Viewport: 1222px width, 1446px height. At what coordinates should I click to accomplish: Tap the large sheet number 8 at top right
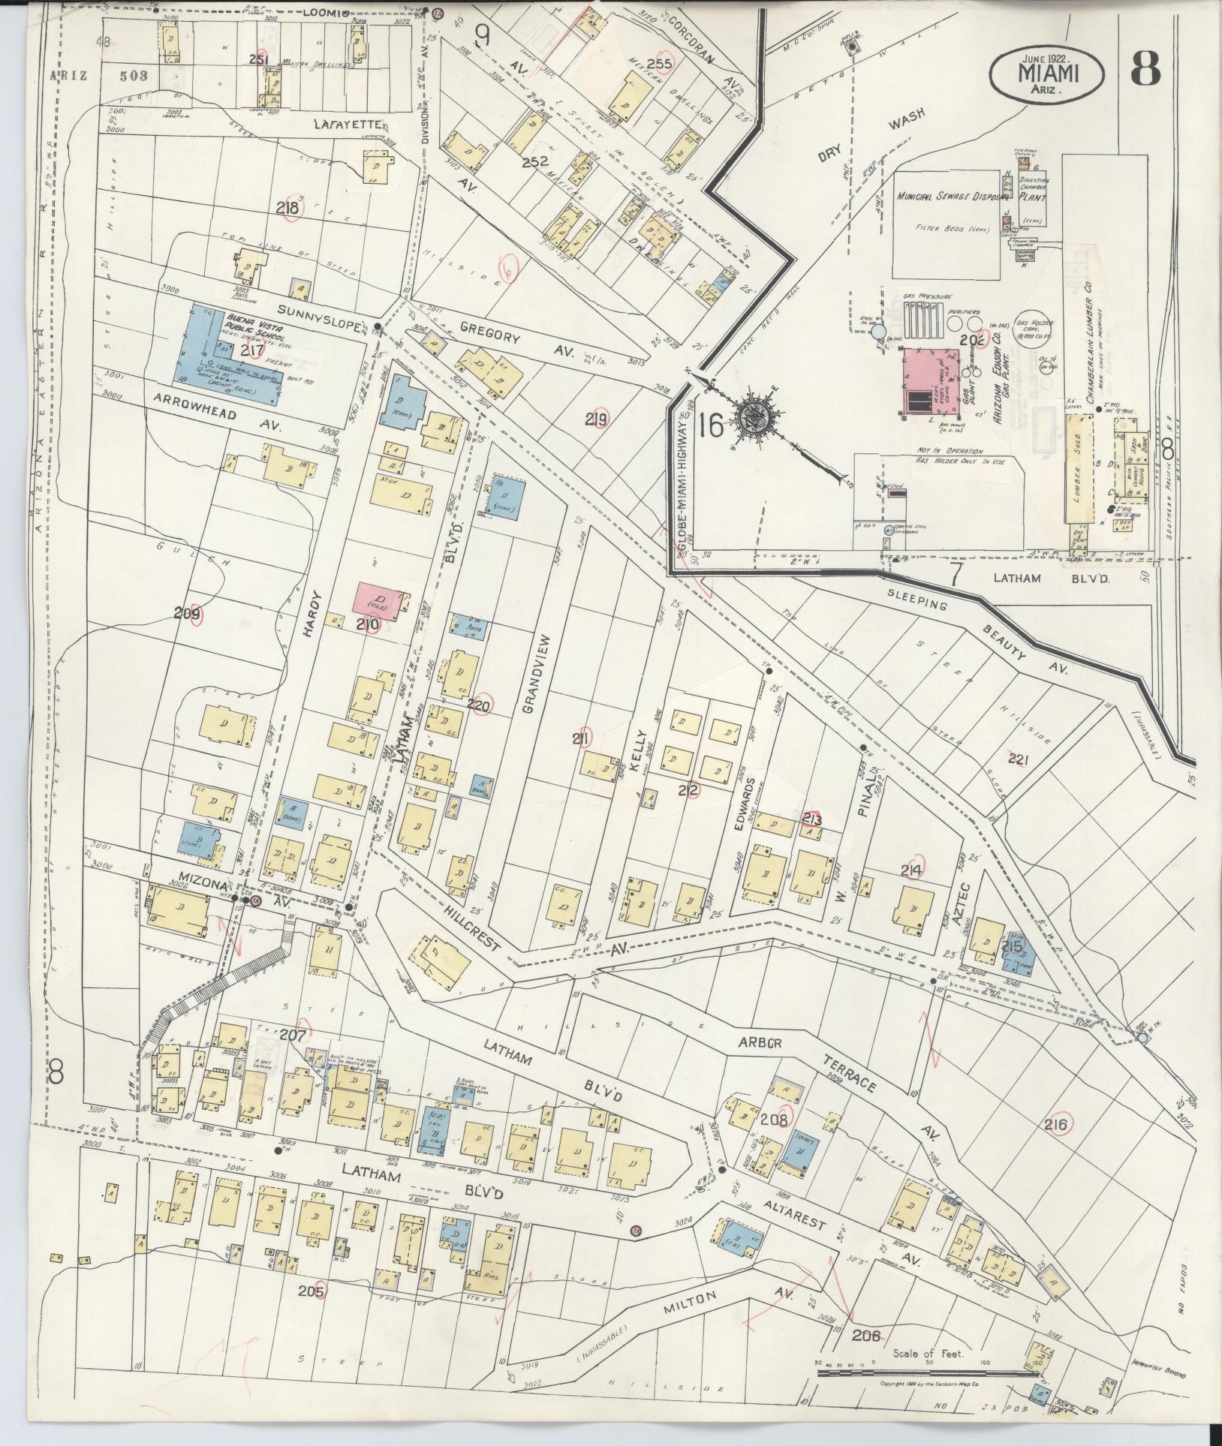(x=1145, y=69)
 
